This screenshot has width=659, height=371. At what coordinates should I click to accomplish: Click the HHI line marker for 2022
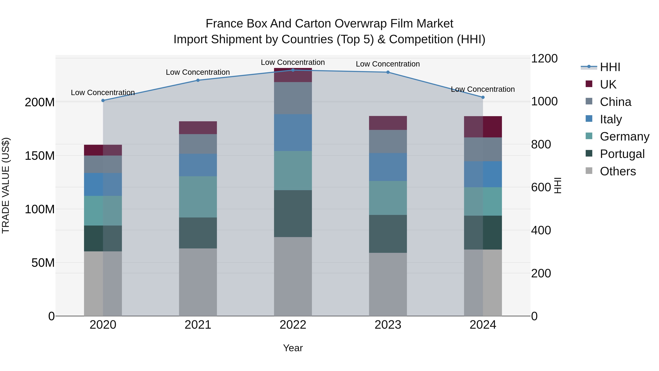[x=293, y=70]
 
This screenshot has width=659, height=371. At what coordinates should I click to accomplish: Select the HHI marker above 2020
[x=103, y=100]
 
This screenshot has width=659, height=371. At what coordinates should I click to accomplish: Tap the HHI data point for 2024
[x=483, y=97]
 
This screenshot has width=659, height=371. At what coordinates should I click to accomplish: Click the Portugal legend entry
[x=622, y=154]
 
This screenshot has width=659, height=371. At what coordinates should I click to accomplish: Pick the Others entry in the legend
[x=618, y=171]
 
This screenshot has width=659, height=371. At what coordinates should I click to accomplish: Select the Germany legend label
[x=624, y=136]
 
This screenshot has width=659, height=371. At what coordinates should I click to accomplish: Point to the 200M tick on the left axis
[x=40, y=102]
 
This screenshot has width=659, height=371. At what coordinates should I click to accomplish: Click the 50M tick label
[x=43, y=263]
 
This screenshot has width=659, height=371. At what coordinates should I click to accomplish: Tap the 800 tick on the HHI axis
[x=541, y=144]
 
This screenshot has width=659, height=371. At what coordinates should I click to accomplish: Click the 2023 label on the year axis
[x=388, y=325]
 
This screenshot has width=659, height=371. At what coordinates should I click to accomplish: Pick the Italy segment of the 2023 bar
[x=388, y=167]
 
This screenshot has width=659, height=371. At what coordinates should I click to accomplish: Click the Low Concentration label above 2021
[x=198, y=72]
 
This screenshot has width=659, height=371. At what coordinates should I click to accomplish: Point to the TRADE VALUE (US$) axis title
[x=6, y=185]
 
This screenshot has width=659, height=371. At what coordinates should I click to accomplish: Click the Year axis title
[x=293, y=348]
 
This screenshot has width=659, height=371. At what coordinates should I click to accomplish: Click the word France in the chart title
[x=224, y=24]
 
